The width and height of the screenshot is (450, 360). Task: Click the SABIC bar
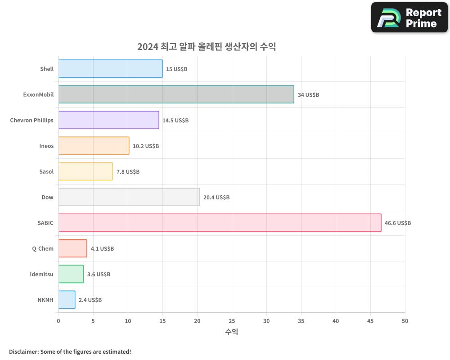click(x=220, y=223)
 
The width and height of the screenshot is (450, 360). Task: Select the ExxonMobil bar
click(x=176, y=94)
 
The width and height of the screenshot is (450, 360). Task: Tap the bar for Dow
click(x=129, y=197)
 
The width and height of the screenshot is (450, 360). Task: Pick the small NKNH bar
click(x=67, y=300)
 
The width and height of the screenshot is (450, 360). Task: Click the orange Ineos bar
click(x=94, y=146)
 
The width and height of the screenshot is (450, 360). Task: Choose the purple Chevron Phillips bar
click(x=108, y=120)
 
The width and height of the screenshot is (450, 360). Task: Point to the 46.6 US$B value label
click(x=397, y=223)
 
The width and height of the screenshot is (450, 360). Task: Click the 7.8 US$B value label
click(x=128, y=172)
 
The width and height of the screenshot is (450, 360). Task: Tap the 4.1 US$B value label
click(x=102, y=249)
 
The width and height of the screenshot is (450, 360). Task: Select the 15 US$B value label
click(x=176, y=69)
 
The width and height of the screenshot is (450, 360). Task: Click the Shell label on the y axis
click(x=46, y=69)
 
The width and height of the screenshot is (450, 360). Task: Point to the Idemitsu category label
click(x=41, y=274)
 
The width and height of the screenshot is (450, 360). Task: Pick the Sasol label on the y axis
click(x=46, y=171)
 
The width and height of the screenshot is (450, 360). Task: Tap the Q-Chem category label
click(x=43, y=248)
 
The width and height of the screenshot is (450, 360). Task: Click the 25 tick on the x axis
click(x=232, y=321)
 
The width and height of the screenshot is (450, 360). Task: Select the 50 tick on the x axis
click(x=405, y=321)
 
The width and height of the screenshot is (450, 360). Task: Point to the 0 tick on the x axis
click(x=58, y=321)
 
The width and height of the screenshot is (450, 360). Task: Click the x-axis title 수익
click(x=231, y=332)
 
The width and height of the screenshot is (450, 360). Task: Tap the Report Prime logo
click(x=409, y=18)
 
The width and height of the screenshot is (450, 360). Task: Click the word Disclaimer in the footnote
click(x=23, y=351)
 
